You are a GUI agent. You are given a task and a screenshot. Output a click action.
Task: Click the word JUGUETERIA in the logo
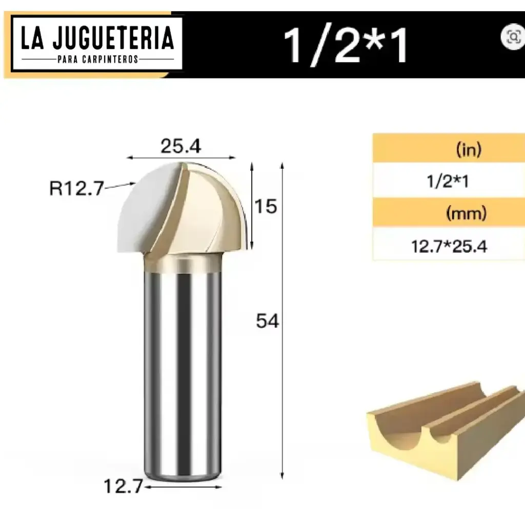pos(112,39)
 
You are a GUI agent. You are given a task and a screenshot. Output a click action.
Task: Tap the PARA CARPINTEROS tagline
pos(98,59)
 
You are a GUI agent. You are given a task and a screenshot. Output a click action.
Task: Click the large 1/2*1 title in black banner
pos(347,45)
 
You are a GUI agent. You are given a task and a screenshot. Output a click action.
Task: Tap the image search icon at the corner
pos(512,36)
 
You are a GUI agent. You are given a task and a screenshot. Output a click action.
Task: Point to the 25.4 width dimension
pos(180,147)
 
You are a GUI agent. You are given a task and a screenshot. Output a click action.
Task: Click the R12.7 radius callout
pos(76,188)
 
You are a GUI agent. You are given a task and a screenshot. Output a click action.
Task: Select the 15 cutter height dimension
pos(266,206)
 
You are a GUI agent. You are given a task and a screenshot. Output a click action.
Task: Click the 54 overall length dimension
pos(267,321)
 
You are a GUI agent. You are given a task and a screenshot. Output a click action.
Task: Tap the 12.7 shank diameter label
pos(123,486)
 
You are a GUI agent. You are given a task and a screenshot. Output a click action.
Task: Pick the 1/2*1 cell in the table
pos(447,181)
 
